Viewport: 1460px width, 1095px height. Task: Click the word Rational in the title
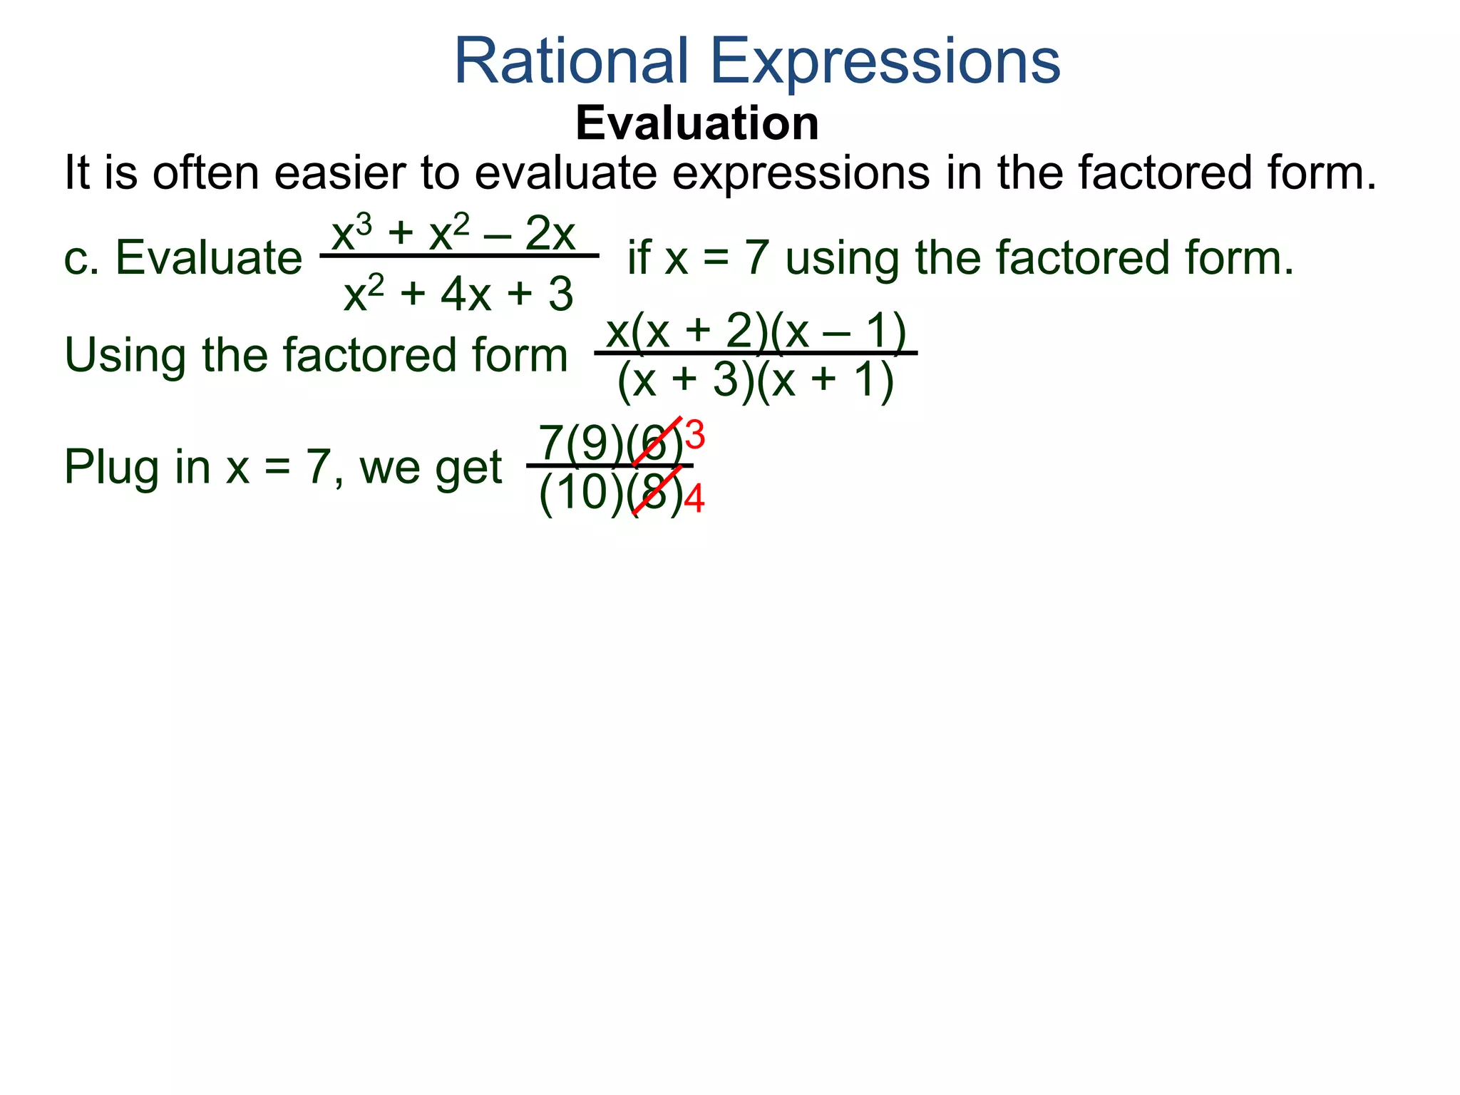pos(570,61)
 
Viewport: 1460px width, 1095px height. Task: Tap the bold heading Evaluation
pos(696,123)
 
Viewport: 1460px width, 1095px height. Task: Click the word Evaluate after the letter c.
pos(208,257)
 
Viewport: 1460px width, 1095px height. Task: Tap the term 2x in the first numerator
pos(550,233)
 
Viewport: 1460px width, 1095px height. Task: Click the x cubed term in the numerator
pos(351,233)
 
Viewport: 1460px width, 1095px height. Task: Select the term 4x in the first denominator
pos(466,294)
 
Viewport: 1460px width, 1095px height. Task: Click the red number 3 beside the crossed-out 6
pos(694,435)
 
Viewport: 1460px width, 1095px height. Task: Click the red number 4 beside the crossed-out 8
pos(694,498)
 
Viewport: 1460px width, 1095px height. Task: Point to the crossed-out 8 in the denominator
pos(654,493)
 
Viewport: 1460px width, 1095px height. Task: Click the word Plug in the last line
pos(112,467)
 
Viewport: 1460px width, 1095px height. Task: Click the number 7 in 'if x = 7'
pos(757,257)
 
